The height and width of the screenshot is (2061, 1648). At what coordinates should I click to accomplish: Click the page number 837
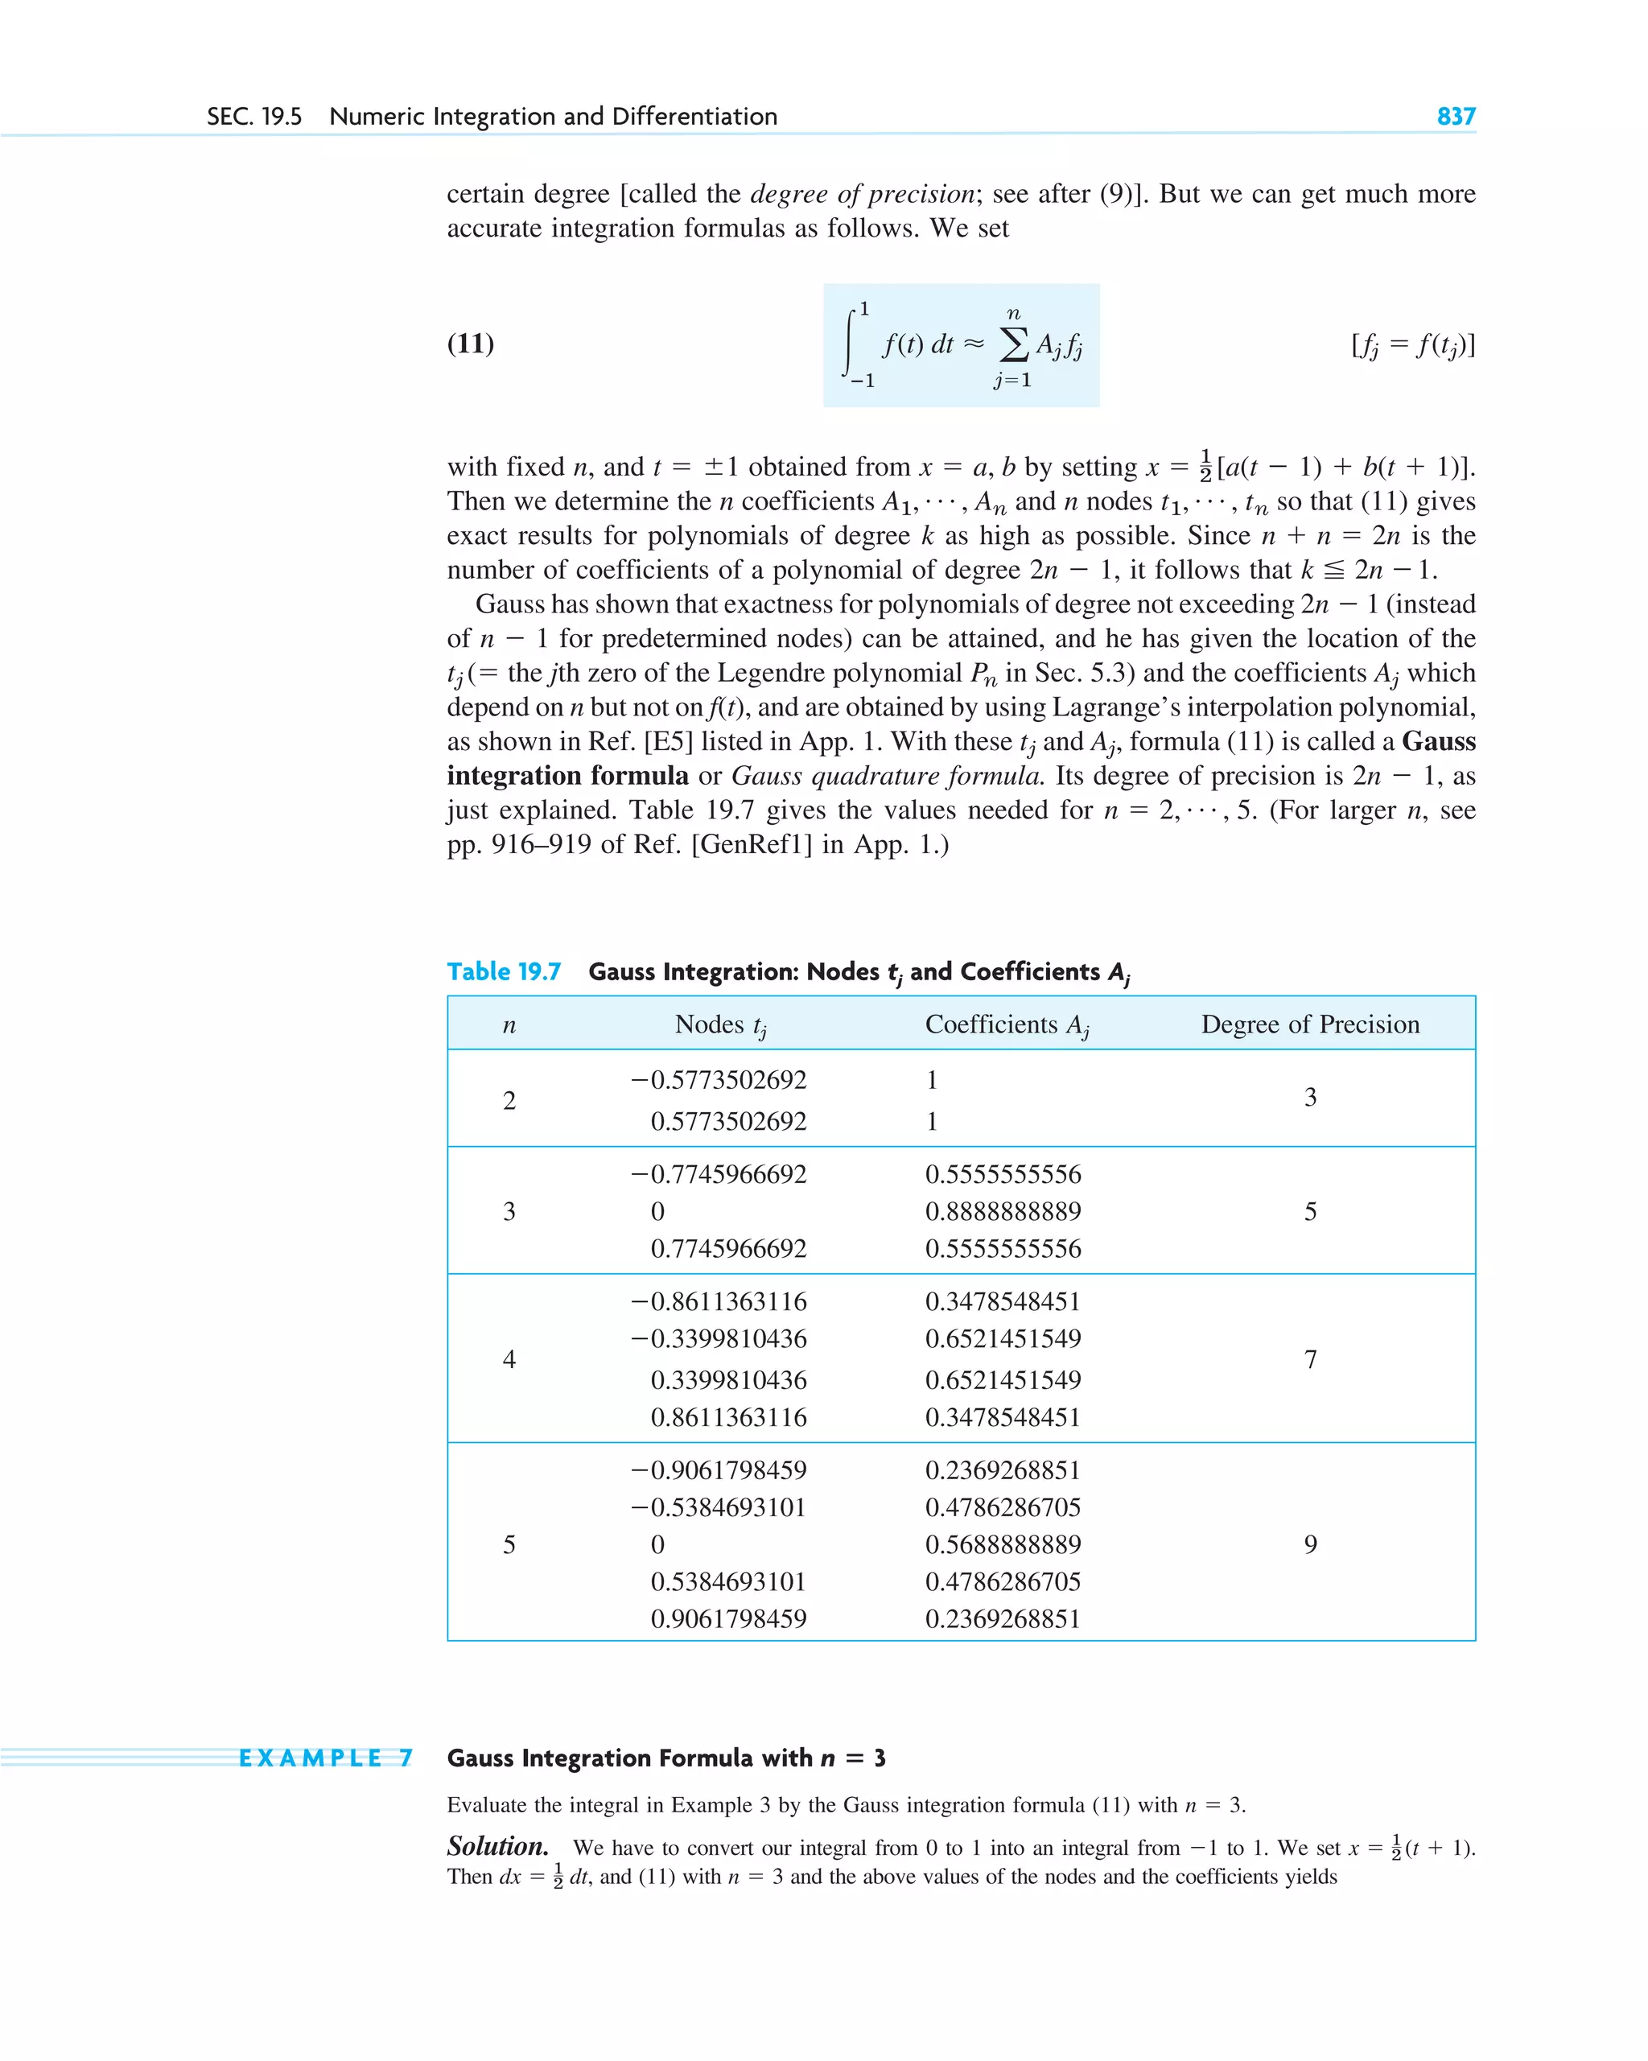pyautogui.click(x=1455, y=117)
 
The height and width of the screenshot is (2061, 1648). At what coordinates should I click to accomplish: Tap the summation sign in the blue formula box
pyautogui.click(x=1013, y=344)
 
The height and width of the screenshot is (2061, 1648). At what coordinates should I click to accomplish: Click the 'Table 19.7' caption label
pyautogui.click(x=504, y=971)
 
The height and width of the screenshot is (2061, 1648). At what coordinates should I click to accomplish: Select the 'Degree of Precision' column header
pyautogui.click(x=1309, y=1024)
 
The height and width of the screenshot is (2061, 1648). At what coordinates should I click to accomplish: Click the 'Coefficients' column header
pyautogui.click(x=1007, y=1024)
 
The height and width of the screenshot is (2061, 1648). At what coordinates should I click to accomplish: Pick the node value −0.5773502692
pyautogui.click(x=718, y=1079)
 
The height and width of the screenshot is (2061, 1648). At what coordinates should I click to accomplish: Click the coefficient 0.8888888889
pyautogui.click(x=1003, y=1211)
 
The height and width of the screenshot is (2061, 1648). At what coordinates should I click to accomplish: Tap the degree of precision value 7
pyautogui.click(x=1309, y=1359)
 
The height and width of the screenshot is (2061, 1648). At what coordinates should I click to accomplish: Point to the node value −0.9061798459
pyautogui.click(x=718, y=1470)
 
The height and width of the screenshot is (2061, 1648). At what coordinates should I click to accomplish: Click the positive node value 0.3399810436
pyautogui.click(x=728, y=1379)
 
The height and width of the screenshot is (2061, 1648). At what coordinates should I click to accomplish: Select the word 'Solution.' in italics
pyautogui.click(x=497, y=1846)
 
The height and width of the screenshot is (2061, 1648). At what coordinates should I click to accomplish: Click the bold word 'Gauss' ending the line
pyautogui.click(x=1438, y=742)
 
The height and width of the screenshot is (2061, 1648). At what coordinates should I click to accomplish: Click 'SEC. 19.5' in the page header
pyautogui.click(x=254, y=117)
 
